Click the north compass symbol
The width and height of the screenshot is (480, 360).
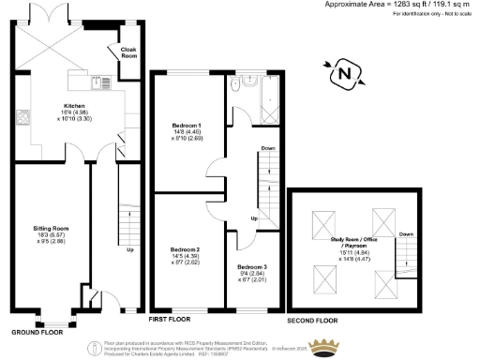pos(345,72)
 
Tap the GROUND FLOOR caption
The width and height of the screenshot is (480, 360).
pos(38,332)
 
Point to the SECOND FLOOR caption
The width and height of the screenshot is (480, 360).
pos(312,321)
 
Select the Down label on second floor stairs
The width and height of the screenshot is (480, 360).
pos(405,234)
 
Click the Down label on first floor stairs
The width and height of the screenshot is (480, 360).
pos(268,148)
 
